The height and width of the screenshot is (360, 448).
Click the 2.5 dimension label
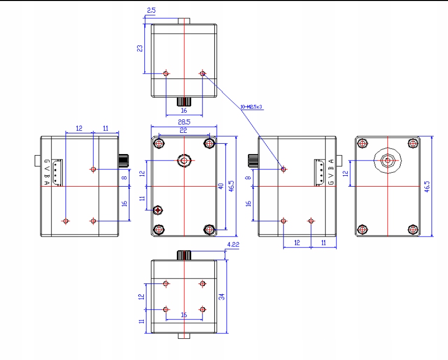(151, 10)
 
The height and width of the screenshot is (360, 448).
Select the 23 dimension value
(140, 48)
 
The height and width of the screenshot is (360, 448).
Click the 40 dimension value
(221, 186)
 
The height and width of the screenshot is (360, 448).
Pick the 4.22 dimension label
(233, 243)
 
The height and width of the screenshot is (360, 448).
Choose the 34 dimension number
(222, 296)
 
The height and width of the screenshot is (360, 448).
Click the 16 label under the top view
(184, 111)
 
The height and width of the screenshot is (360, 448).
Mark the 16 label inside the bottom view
(184, 315)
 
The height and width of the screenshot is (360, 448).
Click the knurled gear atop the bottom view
(184, 255)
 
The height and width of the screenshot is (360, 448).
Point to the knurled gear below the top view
(184, 102)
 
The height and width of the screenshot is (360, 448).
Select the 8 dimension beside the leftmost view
(124, 177)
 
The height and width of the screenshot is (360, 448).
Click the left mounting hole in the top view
(166, 74)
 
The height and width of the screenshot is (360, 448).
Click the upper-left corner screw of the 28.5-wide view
(159, 143)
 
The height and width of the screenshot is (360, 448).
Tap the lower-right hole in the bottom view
(202, 309)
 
